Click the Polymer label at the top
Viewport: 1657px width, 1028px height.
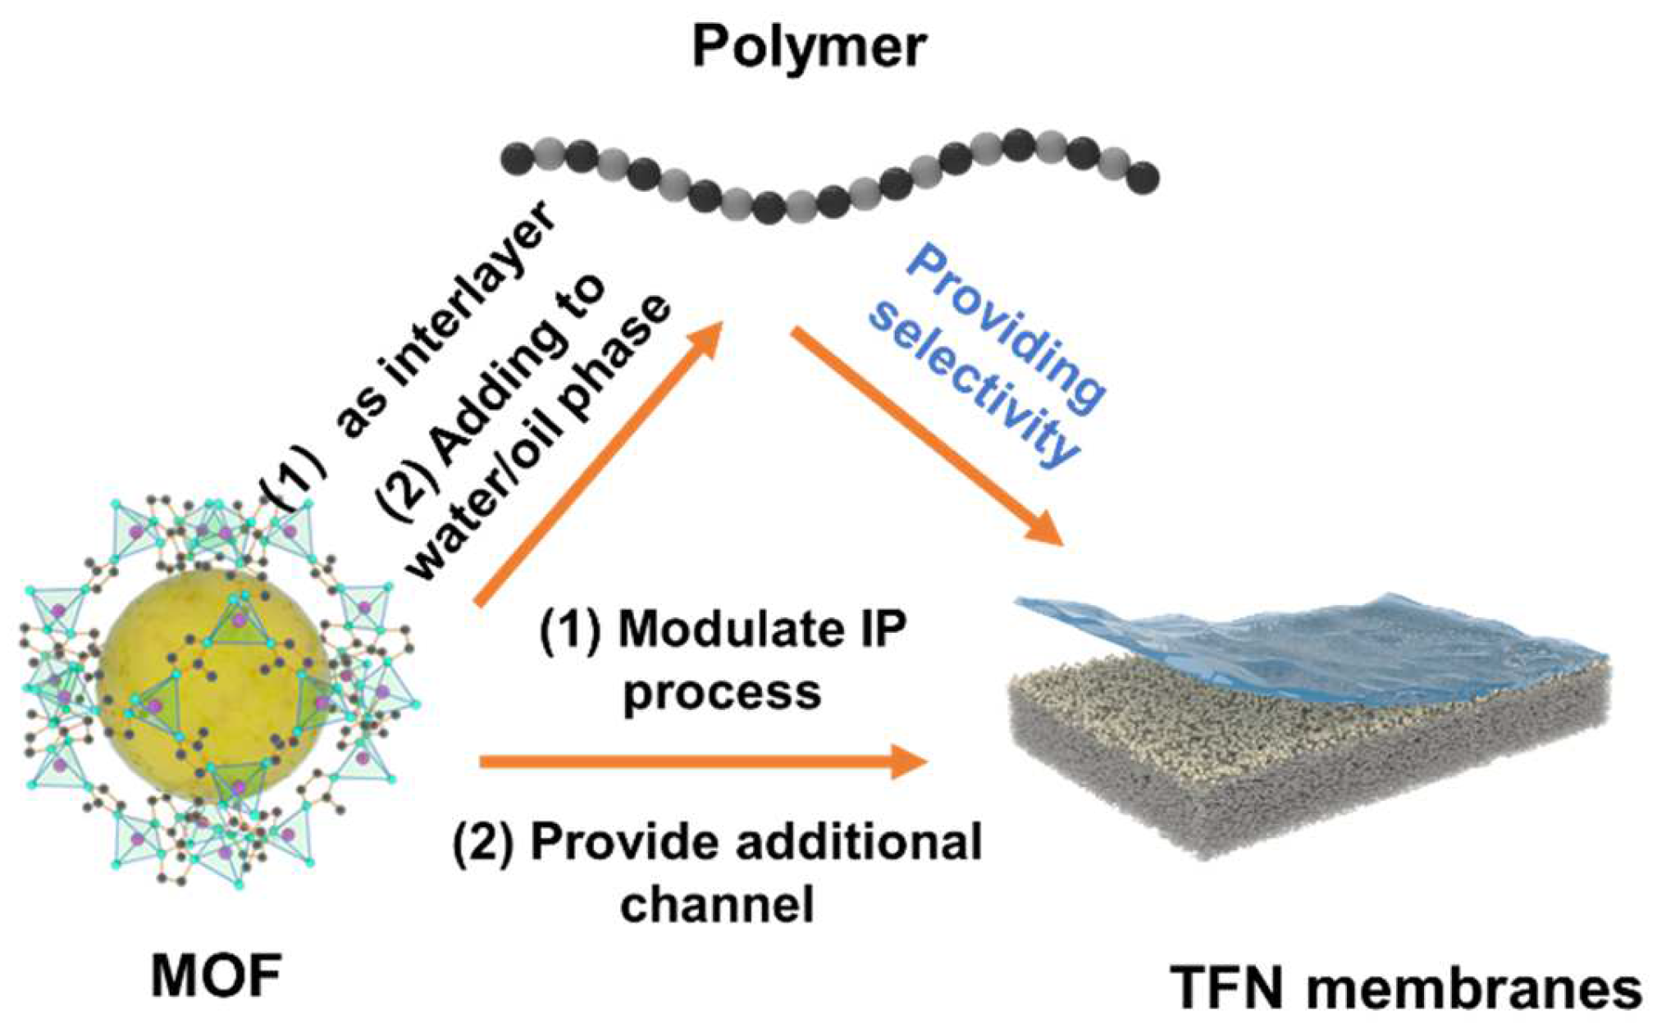(x=809, y=47)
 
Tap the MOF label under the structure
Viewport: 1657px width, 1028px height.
(x=216, y=977)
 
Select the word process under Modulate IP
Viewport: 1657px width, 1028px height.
(x=722, y=692)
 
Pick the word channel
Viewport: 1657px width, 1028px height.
(x=717, y=903)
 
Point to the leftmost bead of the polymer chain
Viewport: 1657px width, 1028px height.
(x=518, y=157)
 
